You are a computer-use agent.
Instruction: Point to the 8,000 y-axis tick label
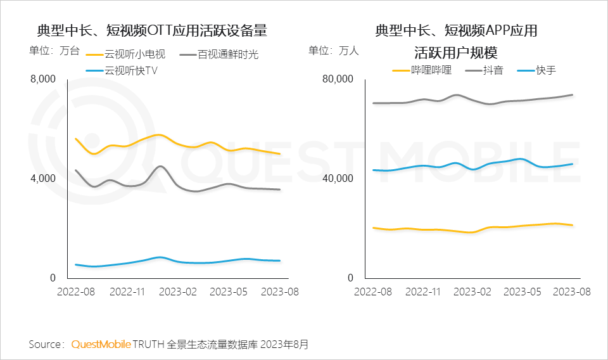[43, 79]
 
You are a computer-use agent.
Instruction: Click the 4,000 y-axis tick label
[43, 179]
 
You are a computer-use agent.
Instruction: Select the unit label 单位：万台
[54, 51]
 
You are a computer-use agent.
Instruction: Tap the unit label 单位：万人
[334, 51]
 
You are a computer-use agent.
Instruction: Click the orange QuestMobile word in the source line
[101, 344]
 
